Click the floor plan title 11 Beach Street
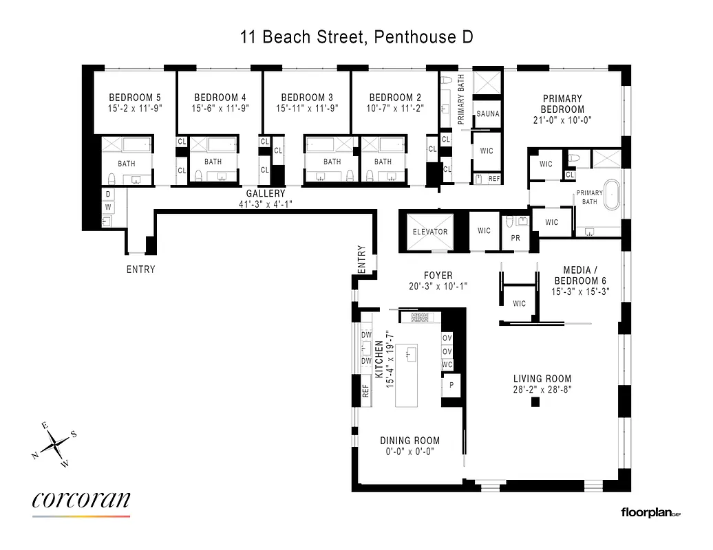point(356,36)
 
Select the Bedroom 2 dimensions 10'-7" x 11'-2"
point(391,108)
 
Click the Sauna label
point(488,114)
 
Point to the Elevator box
point(430,232)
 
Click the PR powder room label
point(515,239)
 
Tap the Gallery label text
point(265,194)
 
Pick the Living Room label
point(542,379)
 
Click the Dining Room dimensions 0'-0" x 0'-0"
point(409,452)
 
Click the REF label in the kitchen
point(365,390)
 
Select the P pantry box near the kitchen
point(451,386)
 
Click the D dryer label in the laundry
point(108,195)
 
